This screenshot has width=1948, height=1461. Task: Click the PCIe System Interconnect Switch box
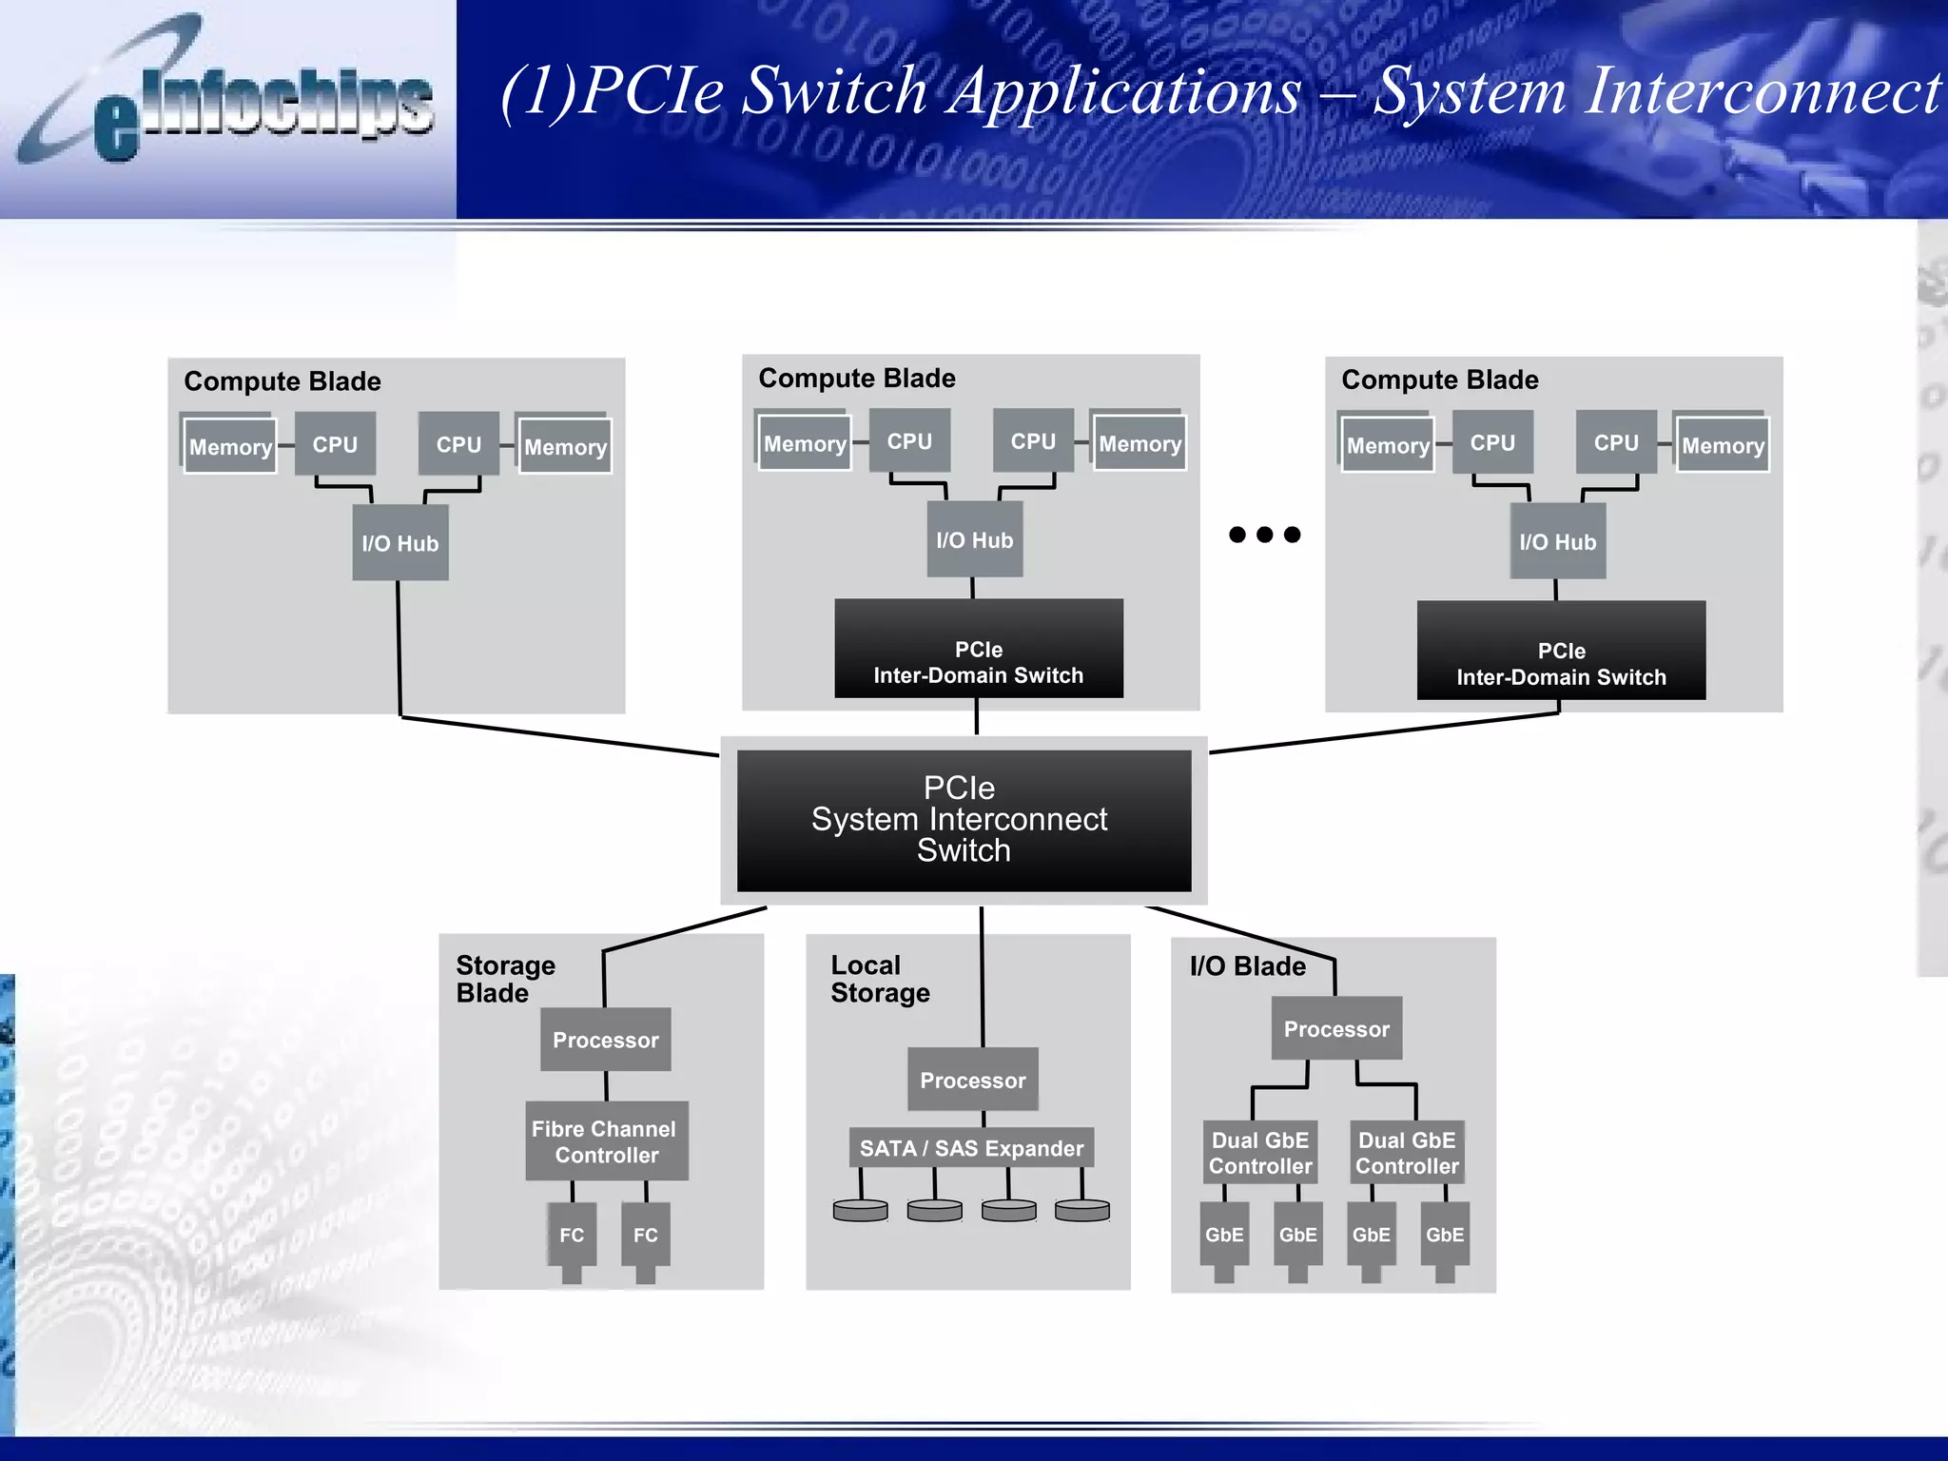963,820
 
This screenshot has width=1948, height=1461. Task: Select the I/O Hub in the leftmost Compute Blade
400,543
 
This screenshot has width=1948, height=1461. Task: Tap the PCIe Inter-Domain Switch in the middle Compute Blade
978,650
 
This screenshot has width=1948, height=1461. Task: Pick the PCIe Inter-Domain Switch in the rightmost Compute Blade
1561,652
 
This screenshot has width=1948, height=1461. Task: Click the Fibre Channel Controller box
606,1141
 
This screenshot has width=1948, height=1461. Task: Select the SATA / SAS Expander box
971,1148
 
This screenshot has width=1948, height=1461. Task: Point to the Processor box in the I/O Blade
1336,1029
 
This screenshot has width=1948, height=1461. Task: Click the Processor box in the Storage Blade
606,1040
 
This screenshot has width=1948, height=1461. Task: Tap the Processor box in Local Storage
972,1080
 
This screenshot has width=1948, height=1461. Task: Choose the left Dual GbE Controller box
1259,1153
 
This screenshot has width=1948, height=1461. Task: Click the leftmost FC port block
572,1235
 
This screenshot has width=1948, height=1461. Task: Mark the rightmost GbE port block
1444,1235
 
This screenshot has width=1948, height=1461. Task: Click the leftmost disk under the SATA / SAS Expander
860,1211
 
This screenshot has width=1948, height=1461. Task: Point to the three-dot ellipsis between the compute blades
1264,535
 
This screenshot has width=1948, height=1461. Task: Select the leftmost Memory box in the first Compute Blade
230,446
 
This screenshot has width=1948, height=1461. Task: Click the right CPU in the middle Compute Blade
1033,441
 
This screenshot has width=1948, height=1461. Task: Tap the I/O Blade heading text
1247,966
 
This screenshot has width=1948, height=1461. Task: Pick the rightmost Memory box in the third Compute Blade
1722,445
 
